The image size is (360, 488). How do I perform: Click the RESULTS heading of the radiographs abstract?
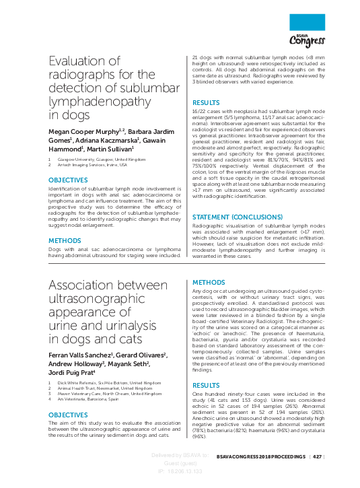pyautogui.click(x=206, y=102)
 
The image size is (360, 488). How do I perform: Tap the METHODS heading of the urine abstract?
pyautogui.click(x=208, y=282)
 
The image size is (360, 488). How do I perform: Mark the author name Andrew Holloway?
pyautogui.click(x=74, y=363)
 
